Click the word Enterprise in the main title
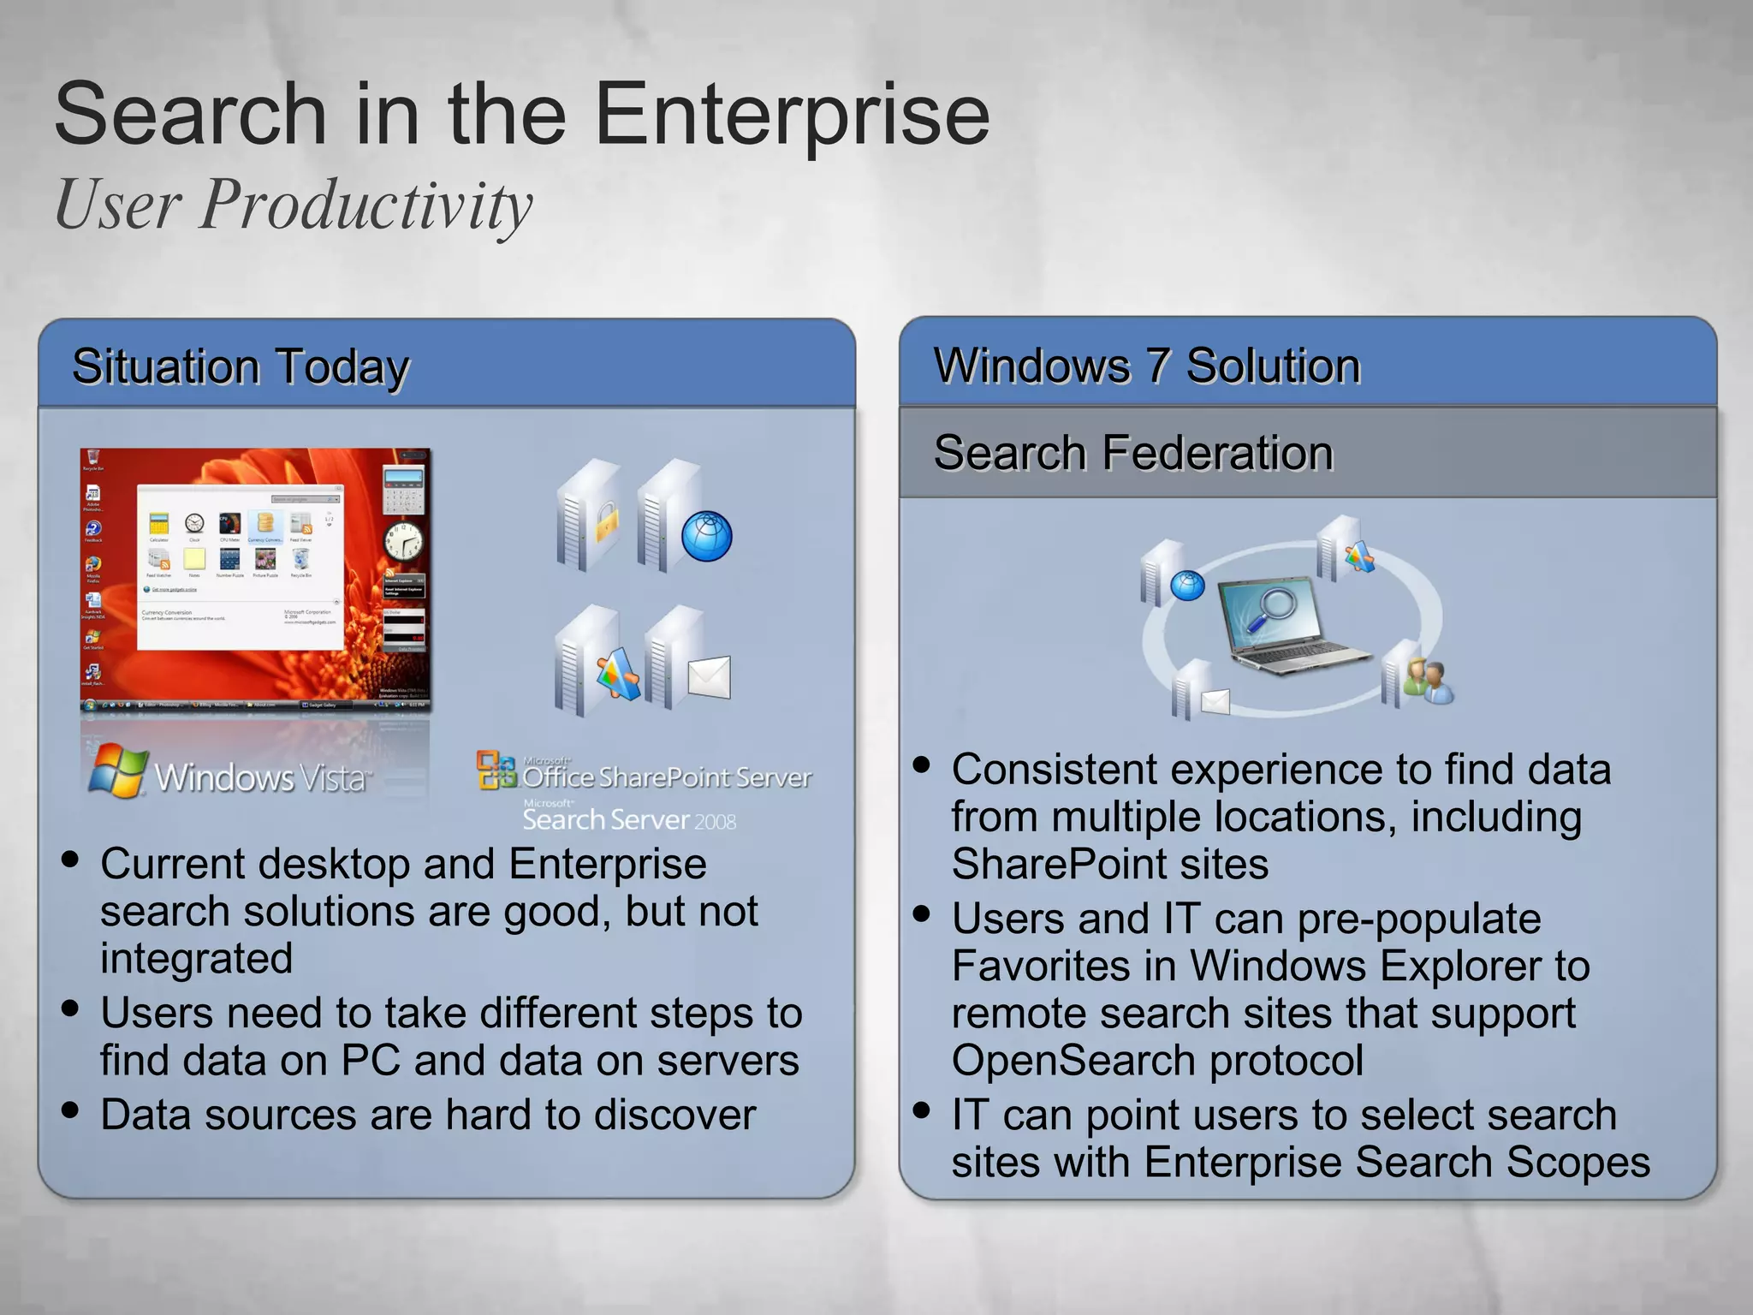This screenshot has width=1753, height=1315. coord(791,116)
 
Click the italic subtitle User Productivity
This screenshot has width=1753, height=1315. coord(294,205)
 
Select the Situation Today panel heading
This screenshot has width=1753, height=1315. coord(241,367)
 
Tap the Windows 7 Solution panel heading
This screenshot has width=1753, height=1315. coord(1146,366)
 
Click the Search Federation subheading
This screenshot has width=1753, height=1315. coord(1132,453)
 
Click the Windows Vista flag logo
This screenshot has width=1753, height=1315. coord(117,771)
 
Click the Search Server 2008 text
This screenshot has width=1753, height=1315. coord(629,819)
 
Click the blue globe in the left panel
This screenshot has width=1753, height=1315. coord(706,537)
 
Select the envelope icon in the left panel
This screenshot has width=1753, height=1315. coord(709,677)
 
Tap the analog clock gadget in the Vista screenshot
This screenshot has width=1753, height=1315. coord(403,541)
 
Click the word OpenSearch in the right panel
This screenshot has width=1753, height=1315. coord(1073,1061)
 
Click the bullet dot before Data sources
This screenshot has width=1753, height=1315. coord(70,1110)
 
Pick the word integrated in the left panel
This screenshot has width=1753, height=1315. coord(196,958)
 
